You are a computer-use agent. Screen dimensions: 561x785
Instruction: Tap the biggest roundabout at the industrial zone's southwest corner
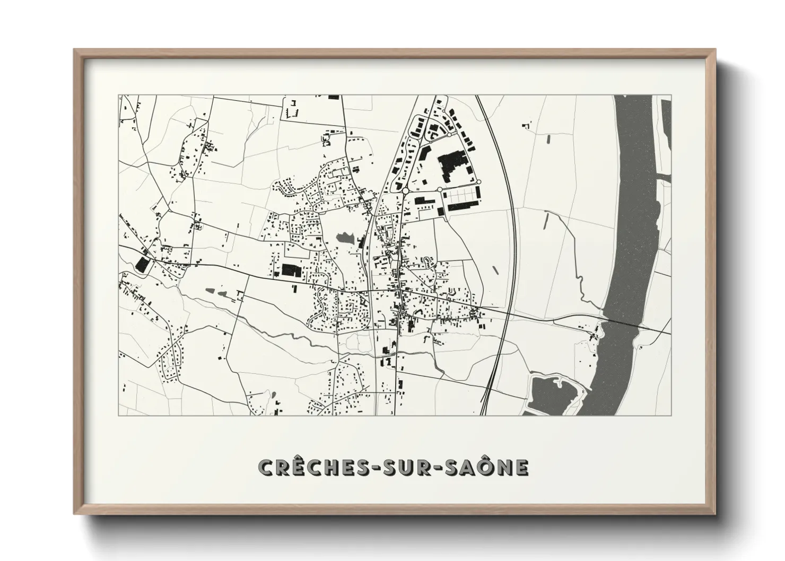405,190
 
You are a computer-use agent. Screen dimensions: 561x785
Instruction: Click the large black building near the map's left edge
142,265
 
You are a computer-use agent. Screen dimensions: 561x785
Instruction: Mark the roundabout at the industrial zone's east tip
478,182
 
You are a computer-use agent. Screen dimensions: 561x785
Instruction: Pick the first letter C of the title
264,467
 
